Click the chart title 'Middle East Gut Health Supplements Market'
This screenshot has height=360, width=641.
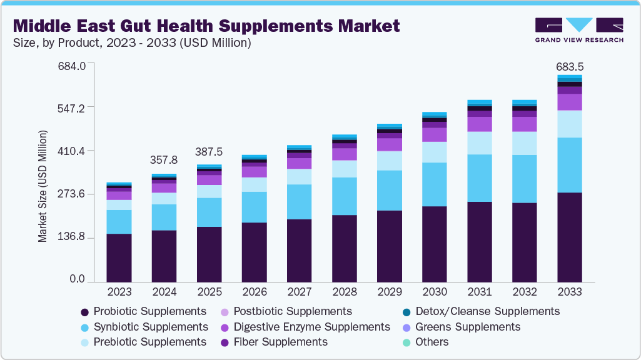pos(206,26)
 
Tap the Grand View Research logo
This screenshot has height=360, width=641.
pos(578,29)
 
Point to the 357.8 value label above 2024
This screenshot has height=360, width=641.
pos(164,160)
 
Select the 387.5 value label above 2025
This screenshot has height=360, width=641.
pos(209,152)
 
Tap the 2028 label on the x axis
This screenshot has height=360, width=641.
pos(344,292)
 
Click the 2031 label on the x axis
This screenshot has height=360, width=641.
pos(479,292)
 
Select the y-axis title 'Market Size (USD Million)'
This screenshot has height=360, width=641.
pos(43,186)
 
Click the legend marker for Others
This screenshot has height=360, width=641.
pos(406,342)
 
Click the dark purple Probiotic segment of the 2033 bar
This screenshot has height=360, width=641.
pos(569,237)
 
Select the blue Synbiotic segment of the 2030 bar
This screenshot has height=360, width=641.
pos(434,184)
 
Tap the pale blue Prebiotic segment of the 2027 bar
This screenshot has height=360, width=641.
pos(299,177)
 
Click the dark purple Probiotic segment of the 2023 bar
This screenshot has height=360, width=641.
pos(119,258)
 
